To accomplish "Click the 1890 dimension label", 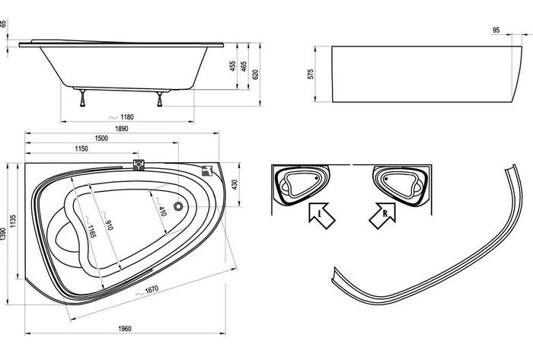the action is [122, 129].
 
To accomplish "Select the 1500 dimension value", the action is [101, 139].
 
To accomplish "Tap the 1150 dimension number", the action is [81, 148].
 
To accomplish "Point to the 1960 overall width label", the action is [125, 329].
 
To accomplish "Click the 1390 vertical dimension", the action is [3, 234].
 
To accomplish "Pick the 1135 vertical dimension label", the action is [13, 221].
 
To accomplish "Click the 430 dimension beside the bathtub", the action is [235, 184].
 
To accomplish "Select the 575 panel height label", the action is [311, 75].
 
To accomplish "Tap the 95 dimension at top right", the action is [496, 30].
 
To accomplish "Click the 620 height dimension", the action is [256, 75].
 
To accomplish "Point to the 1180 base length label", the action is [127, 117].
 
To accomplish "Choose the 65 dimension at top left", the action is [3, 24].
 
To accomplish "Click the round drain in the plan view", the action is [178, 205].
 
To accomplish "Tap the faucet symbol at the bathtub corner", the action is [206, 170].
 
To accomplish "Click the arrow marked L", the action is [321, 215].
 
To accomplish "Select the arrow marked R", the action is [383, 215].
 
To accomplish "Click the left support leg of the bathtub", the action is [82, 98].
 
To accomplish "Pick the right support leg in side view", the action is [160, 99].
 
